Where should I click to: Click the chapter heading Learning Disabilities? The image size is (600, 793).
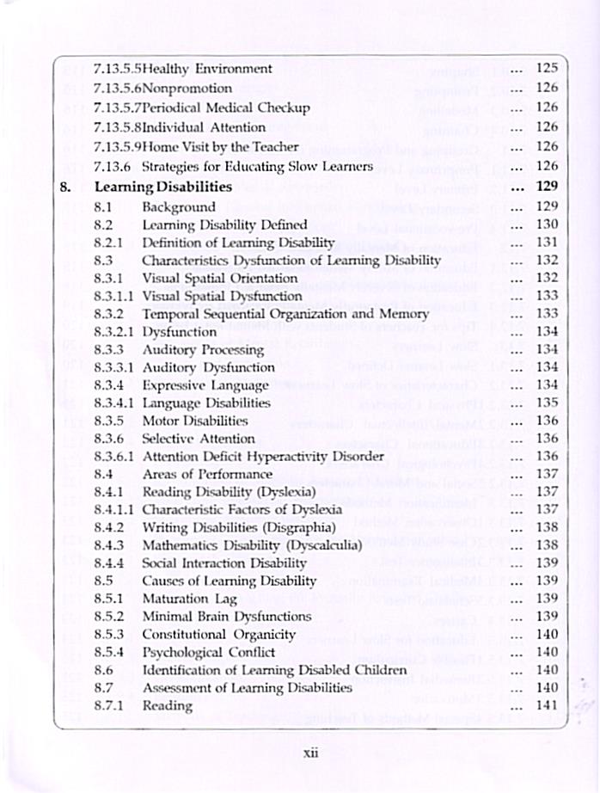(x=162, y=186)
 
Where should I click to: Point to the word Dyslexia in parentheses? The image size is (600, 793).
(x=285, y=492)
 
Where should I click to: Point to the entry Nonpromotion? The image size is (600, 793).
(x=187, y=88)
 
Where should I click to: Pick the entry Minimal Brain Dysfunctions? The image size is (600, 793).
(x=227, y=617)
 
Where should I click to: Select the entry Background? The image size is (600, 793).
(x=179, y=206)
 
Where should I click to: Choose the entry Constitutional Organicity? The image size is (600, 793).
(x=218, y=635)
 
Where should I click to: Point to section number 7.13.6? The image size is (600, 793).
(x=112, y=166)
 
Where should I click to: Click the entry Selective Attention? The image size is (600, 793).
(x=199, y=439)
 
